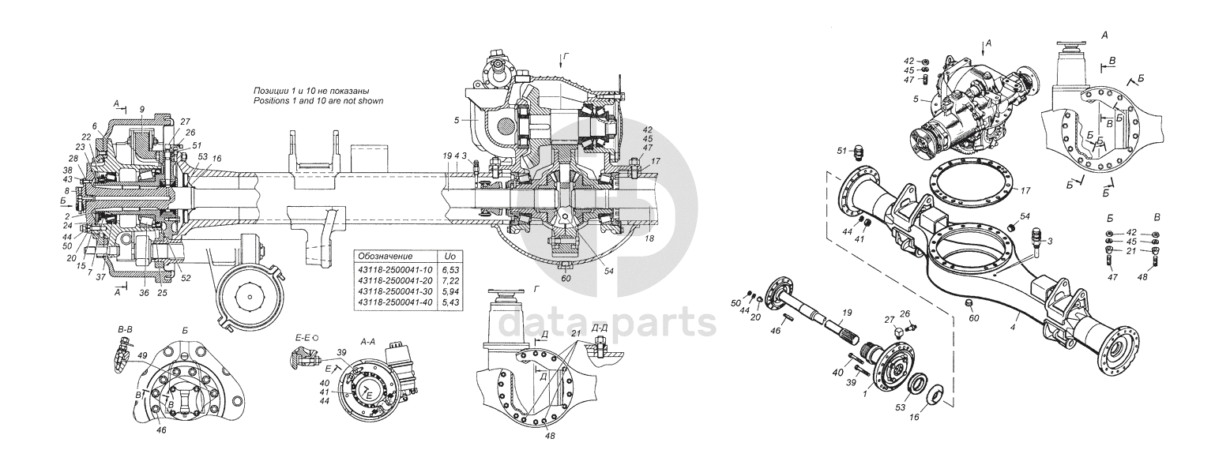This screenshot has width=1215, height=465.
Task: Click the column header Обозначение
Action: pos(385,257)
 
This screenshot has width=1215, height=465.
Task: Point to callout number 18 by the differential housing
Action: pos(649,238)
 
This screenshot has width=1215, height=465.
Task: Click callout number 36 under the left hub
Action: pos(143,292)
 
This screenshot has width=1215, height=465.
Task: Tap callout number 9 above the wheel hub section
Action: pos(141,108)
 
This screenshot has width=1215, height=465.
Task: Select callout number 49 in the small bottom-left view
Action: pos(142,355)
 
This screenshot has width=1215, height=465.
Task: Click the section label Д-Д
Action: pos(599,327)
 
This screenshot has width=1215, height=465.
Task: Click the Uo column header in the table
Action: pos(449,257)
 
